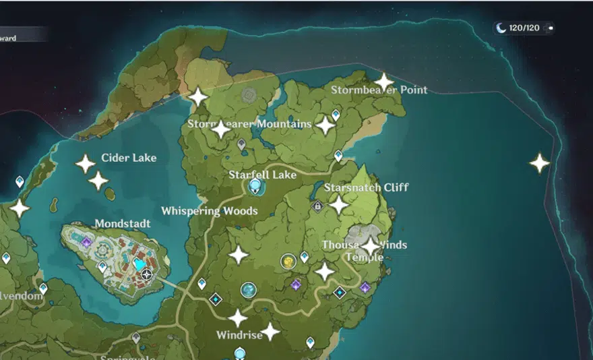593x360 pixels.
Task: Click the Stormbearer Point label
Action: click(379, 90)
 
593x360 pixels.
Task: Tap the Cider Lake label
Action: click(129, 158)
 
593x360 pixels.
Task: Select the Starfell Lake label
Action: click(262, 175)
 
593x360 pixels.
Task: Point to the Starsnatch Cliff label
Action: click(366, 187)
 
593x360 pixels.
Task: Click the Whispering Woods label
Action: click(209, 211)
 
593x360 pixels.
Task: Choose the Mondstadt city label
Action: click(123, 223)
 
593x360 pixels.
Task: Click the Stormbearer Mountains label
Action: click(249, 124)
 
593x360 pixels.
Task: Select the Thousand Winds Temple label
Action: click(365, 251)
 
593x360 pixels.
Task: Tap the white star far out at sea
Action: click(539, 163)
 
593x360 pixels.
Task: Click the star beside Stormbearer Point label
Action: click(383, 82)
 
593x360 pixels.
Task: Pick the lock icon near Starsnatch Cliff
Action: click(317, 207)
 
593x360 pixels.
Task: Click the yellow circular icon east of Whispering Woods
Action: click(288, 261)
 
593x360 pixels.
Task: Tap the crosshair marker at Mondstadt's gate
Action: click(147, 274)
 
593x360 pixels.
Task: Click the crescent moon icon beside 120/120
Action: click(501, 28)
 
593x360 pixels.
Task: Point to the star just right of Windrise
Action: click(270, 332)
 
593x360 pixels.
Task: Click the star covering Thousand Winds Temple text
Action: click(370, 245)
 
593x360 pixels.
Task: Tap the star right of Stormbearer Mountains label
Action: click(326, 125)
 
